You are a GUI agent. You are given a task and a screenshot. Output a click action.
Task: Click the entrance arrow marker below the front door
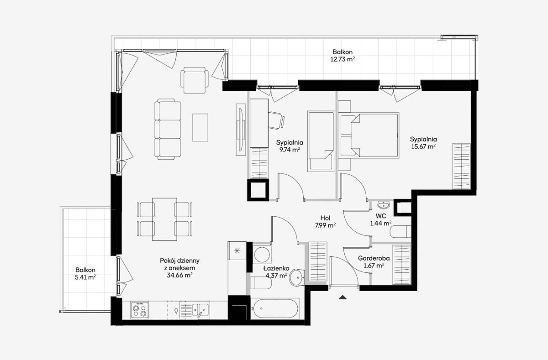343,297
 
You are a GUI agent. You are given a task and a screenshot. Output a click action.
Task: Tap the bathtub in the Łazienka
276,308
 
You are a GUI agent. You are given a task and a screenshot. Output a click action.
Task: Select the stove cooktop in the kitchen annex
140,310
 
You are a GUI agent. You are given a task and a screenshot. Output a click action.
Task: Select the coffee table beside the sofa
200,127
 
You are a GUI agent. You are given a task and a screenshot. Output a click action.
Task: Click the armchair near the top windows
195,80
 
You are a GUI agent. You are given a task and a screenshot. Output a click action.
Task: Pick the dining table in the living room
165,219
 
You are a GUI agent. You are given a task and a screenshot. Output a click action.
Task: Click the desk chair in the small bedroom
276,120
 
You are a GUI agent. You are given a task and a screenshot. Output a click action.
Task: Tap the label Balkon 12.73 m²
342,56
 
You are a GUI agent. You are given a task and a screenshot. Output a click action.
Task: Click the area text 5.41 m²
85,277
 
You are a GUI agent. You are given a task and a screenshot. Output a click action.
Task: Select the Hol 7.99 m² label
325,222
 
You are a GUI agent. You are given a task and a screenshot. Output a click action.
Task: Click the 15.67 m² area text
423,146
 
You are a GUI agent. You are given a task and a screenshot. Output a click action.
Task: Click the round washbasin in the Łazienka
297,277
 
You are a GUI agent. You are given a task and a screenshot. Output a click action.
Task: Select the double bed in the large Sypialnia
369,135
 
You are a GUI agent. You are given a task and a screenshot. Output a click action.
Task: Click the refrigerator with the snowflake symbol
237,250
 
